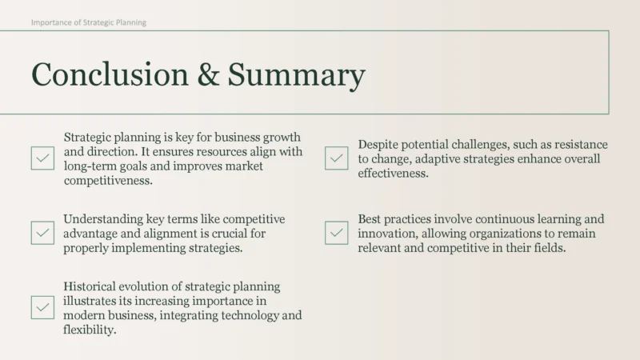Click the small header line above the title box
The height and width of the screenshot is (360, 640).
click(x=89, y=22)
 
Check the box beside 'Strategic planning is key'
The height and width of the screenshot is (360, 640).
click(x=42, y=158)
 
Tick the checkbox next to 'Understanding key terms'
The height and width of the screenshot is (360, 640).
click(x=42, y=233)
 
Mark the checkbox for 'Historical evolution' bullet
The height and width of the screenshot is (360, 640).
click(x=42, y=307)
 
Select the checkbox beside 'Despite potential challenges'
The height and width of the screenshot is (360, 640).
click(x=337, y=158)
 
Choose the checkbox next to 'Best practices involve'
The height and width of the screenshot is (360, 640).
click(x=337, y=233)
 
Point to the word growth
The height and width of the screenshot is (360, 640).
click(x=281, y=138)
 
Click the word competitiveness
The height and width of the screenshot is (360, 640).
click(x=108, y=181)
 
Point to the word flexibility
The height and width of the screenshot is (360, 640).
click(x=90, y=330)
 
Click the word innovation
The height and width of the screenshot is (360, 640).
click(x=390, y=234)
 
